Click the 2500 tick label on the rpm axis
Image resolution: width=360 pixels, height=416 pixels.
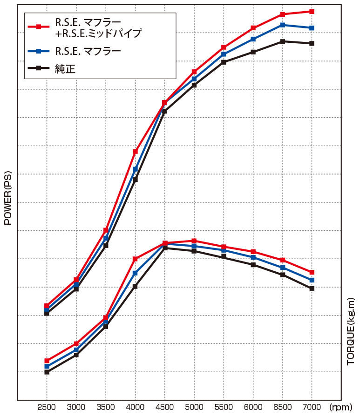pyautogui.click(x=47, y=407)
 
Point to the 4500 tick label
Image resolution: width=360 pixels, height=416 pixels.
pyautogui.click(x=164, y=407)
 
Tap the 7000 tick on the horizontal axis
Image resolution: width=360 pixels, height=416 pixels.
pyautogui.click(x=312, y=407)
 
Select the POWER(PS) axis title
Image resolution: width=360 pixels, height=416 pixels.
pyautogui.click(x=7, y=198)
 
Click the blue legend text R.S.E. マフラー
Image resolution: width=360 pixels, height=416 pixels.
pyautogui.click(x=88, y=51)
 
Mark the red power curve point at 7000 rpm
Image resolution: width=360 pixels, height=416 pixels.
pyautogui.click(x=312, y=11)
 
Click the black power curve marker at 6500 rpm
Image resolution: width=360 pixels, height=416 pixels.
pyautogui.click(x=283, y=41)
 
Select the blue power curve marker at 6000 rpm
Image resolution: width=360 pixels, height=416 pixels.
pyautogui.click(x=253, y=39)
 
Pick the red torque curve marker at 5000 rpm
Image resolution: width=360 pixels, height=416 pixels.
pyautogui.click(x=194, y=241)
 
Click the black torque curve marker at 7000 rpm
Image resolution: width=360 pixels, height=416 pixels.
pyautogui.click(x=312, y=289)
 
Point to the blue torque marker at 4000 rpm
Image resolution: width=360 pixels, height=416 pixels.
pyautogui.click(x=135, y=273)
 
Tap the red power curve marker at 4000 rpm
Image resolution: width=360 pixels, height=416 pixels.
pyautogui.click(x=135, y=152)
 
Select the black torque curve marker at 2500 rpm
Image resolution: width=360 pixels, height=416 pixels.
pyautogui.click(x=47, y=372)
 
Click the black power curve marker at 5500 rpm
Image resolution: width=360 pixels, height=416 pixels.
pyautogui.click(x=224, y=62)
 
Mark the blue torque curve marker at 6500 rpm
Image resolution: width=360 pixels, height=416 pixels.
pyautogui.click(x=283, y=268)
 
